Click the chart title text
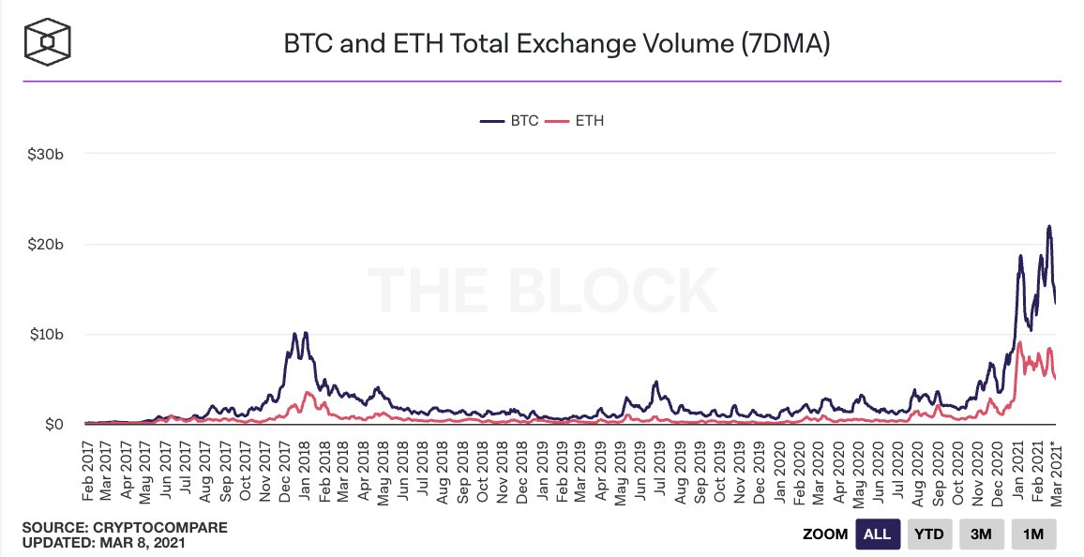click(x=557, y=43)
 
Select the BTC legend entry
click(x=509, y=121)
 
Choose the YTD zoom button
click(x=930, y=534)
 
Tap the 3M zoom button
click(x=981, y=534)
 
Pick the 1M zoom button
click(x=1033, y=534)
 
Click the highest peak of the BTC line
click(x=1049, y=226)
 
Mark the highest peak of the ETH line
click(x=1019, y=343)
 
